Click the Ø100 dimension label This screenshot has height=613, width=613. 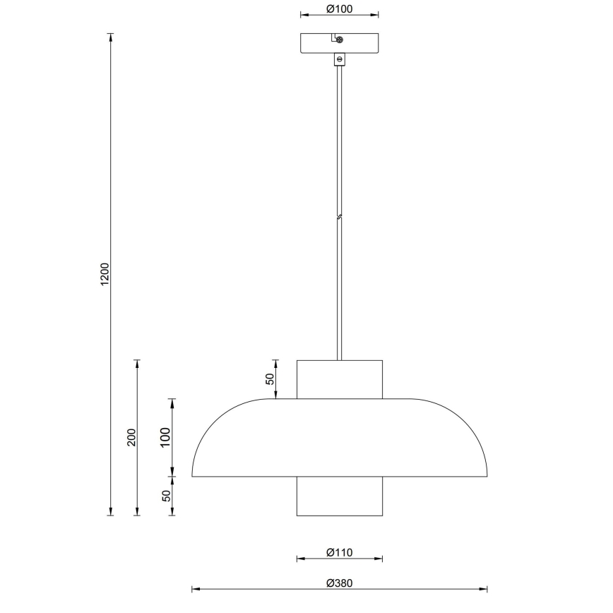340,9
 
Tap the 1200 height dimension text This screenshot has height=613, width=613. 105,275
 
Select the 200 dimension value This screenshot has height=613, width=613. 131,438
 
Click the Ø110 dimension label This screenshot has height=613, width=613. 339,552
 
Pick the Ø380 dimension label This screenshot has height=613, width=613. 339,583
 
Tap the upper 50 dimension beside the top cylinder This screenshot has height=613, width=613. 269,379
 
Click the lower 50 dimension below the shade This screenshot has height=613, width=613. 167,496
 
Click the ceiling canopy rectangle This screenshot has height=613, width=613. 319,44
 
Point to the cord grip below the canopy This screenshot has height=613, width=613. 340,60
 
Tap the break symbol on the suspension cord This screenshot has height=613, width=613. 340,217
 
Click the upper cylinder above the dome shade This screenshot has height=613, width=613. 340,380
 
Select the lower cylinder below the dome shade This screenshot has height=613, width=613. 340,496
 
